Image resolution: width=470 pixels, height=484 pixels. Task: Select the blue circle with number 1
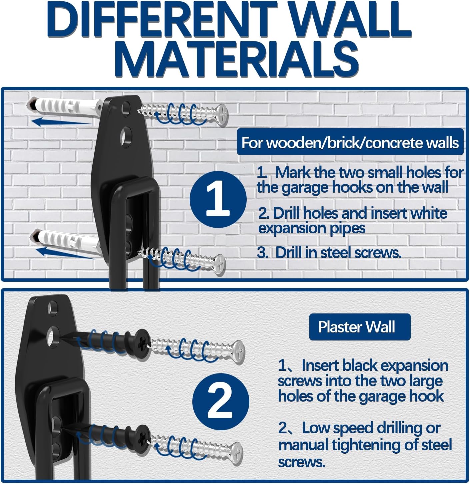[x=218, y=199]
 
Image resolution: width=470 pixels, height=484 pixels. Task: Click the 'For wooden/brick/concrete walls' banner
[x=350, y=143]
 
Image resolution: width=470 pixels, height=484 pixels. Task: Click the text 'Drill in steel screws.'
[x=338, y=253]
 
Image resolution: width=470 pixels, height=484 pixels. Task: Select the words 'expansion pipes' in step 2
[x=312, y=228]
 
